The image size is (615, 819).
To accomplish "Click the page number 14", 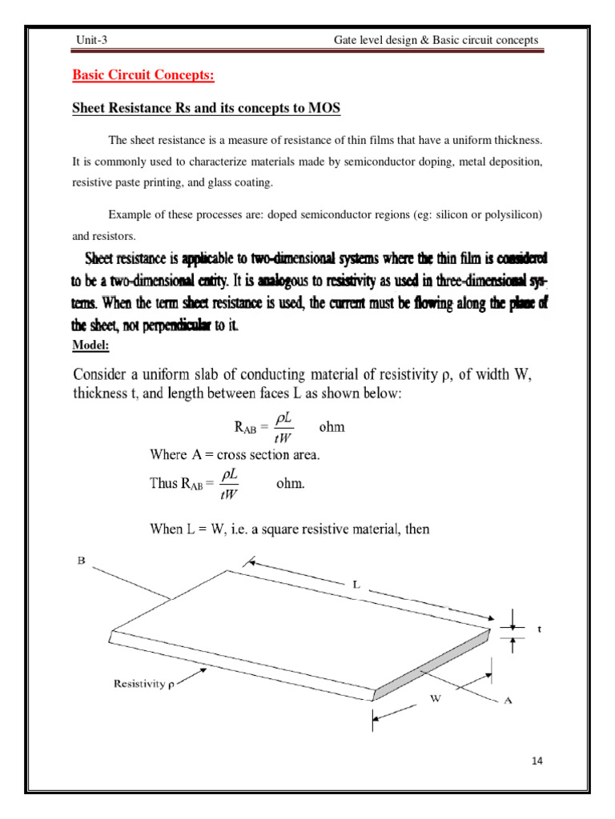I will point(536,760).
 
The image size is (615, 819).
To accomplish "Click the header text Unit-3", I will point(90,40).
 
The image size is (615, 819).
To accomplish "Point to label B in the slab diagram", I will point(81,561).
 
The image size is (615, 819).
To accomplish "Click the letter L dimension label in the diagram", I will point(356,584).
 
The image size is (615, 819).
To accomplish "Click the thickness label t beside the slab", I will point(539,629).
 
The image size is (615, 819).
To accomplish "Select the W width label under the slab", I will point(436,697).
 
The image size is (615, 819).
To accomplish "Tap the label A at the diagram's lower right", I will point(507,700).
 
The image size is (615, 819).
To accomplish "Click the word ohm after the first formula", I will point(332,426).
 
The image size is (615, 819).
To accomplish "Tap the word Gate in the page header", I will point(346,40).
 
